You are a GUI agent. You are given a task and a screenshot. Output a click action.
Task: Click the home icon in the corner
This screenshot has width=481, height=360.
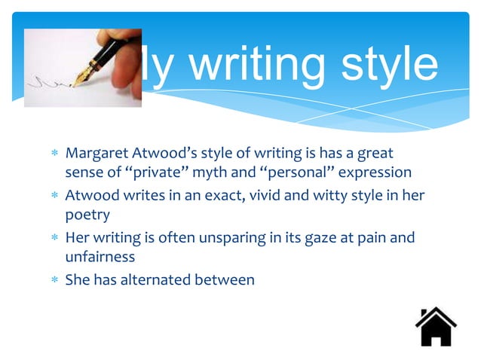(x=436, y=327)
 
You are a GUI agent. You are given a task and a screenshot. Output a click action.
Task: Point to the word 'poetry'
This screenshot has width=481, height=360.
(x=84, y=215)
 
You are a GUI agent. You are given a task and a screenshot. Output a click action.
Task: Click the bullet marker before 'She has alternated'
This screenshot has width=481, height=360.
(x=55, y=280)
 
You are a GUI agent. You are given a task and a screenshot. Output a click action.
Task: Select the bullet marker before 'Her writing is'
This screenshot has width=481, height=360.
(x=55, y=239)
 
